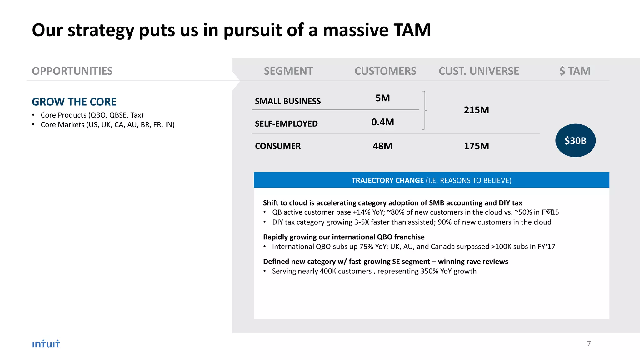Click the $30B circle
tap(575, 141)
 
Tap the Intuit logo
tap(46, 344)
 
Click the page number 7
tap(589, 344)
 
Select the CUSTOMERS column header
tap(385, 71)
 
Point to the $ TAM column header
tap(575, 71)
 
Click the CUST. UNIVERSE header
tap(479, 71)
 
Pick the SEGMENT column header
tap(288, 71)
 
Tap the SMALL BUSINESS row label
tap(288, 101)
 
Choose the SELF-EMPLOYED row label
tap(286, 124)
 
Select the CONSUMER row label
tap(278, 146)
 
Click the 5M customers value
tap(383, 98)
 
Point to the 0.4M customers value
tap(383, 122)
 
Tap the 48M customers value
tap(383, 146)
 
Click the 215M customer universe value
tap(477, 110)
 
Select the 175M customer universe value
tap(477, 146)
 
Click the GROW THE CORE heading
tap(74, 102)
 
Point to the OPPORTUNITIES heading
tap(72, 71)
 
